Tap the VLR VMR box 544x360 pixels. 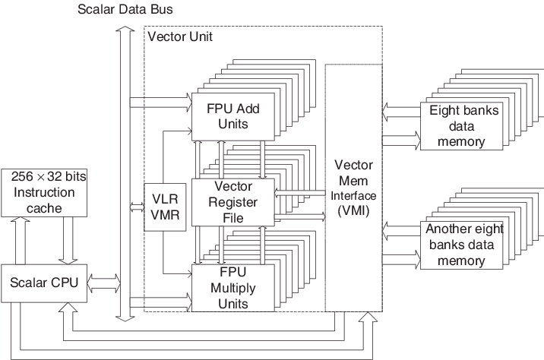160,207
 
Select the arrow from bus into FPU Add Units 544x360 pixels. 160,98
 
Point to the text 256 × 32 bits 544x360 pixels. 49,176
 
